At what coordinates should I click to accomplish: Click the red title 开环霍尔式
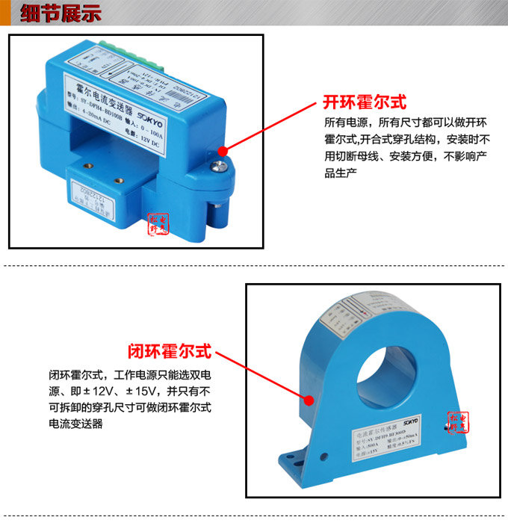tap(365, 102)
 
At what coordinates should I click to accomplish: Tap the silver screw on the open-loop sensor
tap(222, 152)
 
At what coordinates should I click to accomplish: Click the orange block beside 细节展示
tap(5, 14)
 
